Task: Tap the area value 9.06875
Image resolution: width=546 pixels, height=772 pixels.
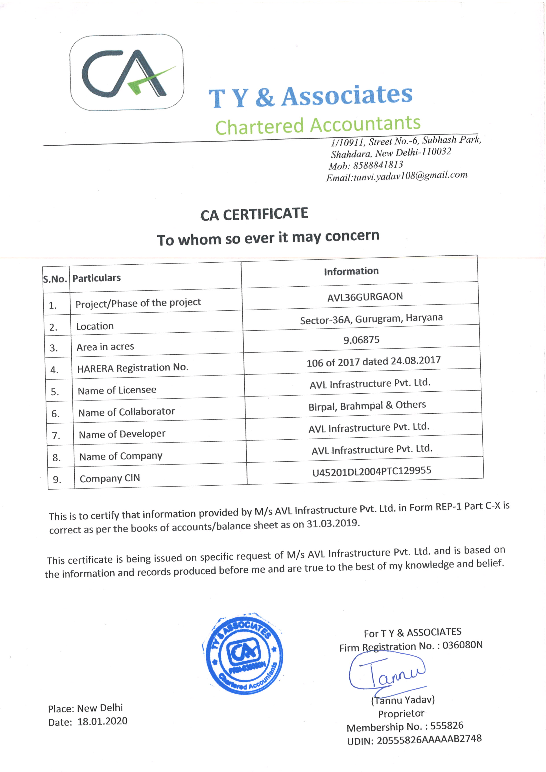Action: click(x=362, y=340)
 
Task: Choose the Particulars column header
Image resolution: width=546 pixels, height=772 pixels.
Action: click(x=96, y=278)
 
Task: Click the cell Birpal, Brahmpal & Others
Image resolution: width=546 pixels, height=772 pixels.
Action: click(x=367, y=405)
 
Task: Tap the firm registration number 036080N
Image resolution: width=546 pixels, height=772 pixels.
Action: click(x=462, y=645)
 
